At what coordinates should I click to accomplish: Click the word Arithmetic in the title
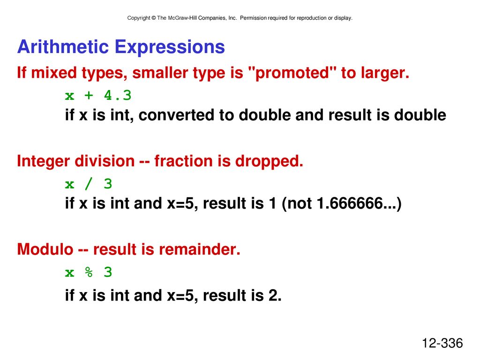coord(63,47)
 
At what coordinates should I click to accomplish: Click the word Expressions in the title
coord(170,48)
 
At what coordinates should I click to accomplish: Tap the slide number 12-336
coord(442,343)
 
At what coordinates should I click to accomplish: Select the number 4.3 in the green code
coord(118,95)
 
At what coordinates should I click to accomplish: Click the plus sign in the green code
coord(89,96)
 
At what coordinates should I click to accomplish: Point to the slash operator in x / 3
coord(89,184)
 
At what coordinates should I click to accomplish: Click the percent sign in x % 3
coord(89,272)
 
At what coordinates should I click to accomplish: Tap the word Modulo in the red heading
coord(45,249)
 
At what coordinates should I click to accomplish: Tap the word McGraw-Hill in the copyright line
coord(182,18)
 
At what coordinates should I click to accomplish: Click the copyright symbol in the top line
coord(154,18)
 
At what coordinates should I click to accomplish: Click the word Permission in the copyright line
coord(253,18)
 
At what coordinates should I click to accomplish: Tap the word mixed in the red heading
coord(54,73)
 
